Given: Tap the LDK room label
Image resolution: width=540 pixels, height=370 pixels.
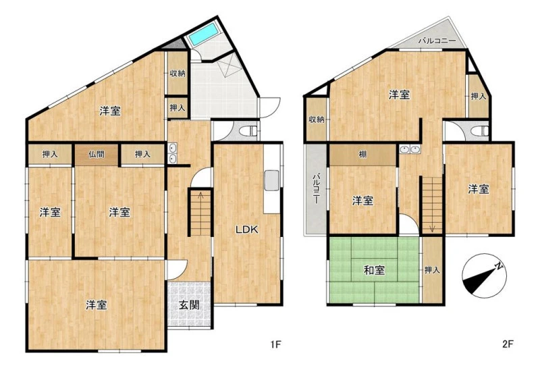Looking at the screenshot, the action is click(246, 230).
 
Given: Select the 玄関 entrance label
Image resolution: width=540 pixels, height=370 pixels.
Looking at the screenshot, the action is click(189, 305).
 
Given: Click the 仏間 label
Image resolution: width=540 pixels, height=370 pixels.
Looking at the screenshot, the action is click(97, 154).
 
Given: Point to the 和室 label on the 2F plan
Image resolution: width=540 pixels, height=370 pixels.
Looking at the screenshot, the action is click(375, 270).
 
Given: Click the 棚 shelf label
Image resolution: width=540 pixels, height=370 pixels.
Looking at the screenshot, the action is click(362, 155).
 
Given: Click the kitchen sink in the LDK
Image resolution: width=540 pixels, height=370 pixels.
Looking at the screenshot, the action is click(272, 180).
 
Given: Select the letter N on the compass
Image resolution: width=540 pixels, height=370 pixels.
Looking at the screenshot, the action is click(498, 266).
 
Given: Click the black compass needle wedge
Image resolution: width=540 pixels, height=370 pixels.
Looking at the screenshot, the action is click(479, 278).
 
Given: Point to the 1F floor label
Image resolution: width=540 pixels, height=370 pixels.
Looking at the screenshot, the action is click(276, 344).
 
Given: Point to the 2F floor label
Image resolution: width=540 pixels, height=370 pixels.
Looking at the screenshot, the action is click(508, 344).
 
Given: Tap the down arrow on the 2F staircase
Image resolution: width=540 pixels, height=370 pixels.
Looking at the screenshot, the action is click(432, 228).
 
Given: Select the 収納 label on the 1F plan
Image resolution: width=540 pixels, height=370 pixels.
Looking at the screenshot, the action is click(178, 73).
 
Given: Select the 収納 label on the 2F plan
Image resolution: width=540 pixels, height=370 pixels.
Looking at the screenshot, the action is click(316, 120).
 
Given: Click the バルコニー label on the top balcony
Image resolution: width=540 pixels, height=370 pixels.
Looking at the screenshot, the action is click(437, 41).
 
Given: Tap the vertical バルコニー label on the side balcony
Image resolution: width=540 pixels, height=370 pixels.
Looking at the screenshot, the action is click(316, 189).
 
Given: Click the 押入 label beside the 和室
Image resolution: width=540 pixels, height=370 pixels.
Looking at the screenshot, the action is click(432, 270).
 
